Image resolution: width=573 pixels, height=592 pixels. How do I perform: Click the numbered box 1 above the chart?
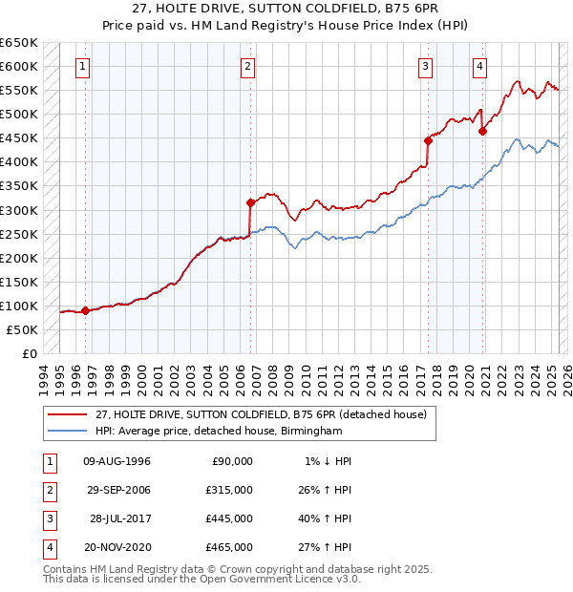pos(84,66)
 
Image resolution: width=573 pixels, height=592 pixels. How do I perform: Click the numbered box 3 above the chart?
pos(425,66)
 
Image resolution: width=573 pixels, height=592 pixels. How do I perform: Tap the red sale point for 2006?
pos(250,202)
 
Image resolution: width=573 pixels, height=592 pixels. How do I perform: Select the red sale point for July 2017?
pos(428,140)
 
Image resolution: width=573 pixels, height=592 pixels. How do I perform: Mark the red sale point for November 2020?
pos(483,131)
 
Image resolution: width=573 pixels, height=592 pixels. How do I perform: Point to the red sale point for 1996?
pos(85,310)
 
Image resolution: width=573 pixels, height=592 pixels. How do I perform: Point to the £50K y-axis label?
pos(23,329)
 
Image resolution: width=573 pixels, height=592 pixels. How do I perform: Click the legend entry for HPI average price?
pos(218,432)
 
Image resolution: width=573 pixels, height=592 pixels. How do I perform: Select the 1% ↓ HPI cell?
pos(326,461)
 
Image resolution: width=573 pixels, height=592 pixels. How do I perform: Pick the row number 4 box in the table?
pos(46,547)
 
